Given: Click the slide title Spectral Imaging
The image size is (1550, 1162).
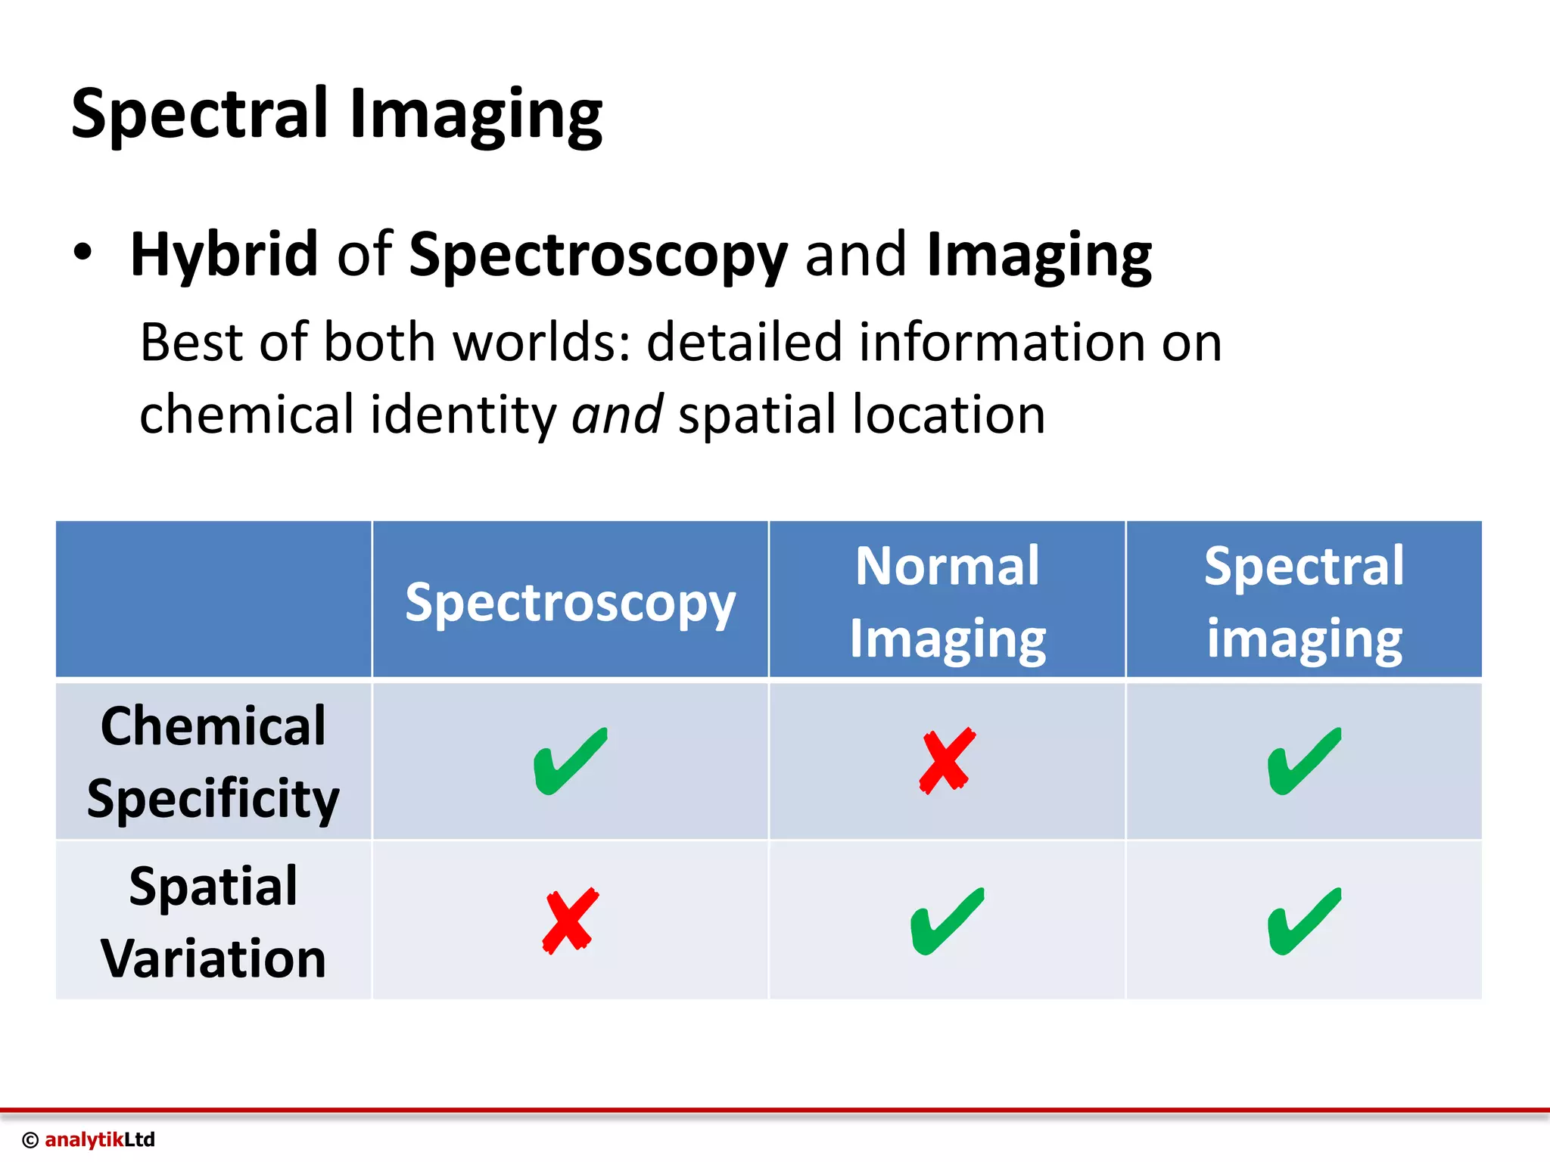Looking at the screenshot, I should click(x=337, y=115).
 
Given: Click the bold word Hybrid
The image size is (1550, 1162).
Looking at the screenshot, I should click(x=224, y=254).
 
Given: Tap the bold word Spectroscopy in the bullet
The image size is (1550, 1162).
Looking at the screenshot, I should click(x=598, y=256).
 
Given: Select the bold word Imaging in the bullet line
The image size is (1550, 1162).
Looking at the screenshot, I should click(x=1038, y=256).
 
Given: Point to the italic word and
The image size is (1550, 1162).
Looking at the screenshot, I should click(x=618, y=415).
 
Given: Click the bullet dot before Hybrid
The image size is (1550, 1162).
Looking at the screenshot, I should click(x=82, y=253).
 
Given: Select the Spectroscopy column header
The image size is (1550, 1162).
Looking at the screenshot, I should click(x=570, y=603).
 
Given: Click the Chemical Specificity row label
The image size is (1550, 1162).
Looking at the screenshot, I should click(x=213, y=761).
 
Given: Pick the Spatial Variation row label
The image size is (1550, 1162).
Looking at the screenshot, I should click(x=213, y=921).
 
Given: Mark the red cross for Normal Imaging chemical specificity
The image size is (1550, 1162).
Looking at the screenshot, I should click(x=947, y=761).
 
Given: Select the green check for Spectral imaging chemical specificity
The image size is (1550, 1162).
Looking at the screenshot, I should click(x=1304, y=761).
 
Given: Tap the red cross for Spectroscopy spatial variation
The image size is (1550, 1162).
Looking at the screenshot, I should click(x=571, y=921).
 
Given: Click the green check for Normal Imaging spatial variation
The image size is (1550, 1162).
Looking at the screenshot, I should click(x=947, y=921).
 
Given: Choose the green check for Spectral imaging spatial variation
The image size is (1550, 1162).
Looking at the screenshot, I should click(x=1304, y=921).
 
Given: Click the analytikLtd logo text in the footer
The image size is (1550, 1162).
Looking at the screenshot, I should click(x=99, y=1139).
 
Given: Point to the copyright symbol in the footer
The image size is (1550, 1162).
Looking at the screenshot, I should click(x=30, y=1140).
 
